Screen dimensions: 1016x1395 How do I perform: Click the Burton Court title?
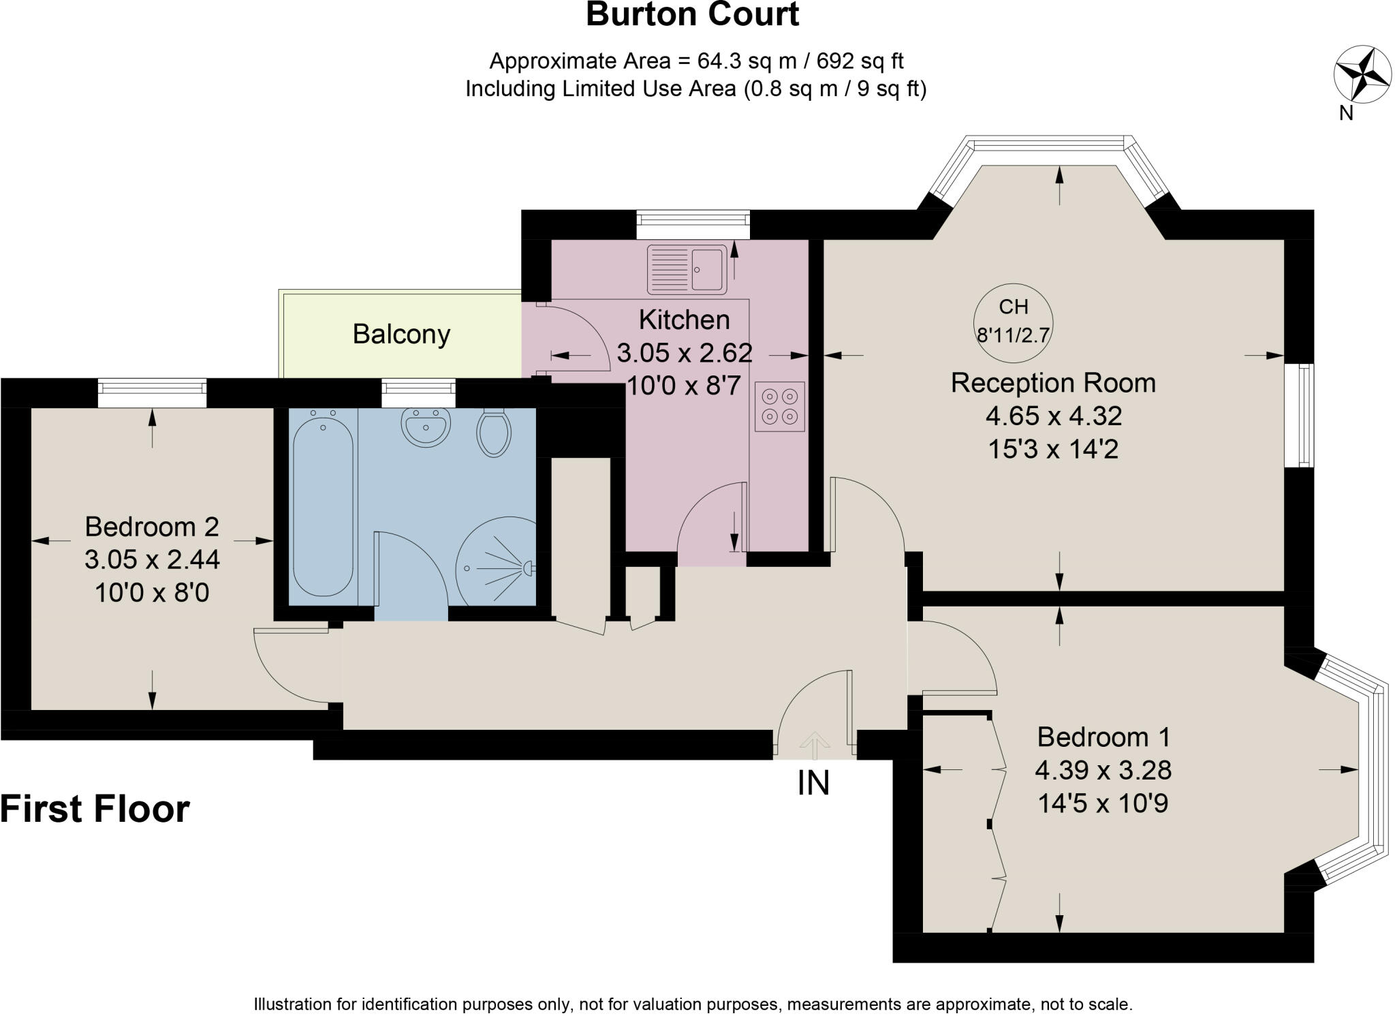692,15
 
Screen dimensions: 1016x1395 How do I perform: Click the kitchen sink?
687,269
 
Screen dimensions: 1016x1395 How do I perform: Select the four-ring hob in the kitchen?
779,406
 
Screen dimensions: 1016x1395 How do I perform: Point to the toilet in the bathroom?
494,432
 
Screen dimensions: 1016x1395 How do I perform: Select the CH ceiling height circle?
1013,322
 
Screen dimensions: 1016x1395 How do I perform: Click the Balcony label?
401,335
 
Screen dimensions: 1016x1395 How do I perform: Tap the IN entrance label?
813,783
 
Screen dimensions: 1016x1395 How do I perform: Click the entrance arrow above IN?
812,744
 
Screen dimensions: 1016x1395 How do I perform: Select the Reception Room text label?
1052,383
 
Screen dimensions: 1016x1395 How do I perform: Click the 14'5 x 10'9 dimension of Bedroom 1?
1102,803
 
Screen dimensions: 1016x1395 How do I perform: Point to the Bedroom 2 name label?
152,527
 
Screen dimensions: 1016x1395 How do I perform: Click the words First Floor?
95,810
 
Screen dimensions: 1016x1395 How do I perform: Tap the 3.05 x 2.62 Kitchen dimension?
684,353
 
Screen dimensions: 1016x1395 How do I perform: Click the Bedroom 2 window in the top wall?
151,388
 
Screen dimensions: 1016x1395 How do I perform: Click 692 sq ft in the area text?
860,61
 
